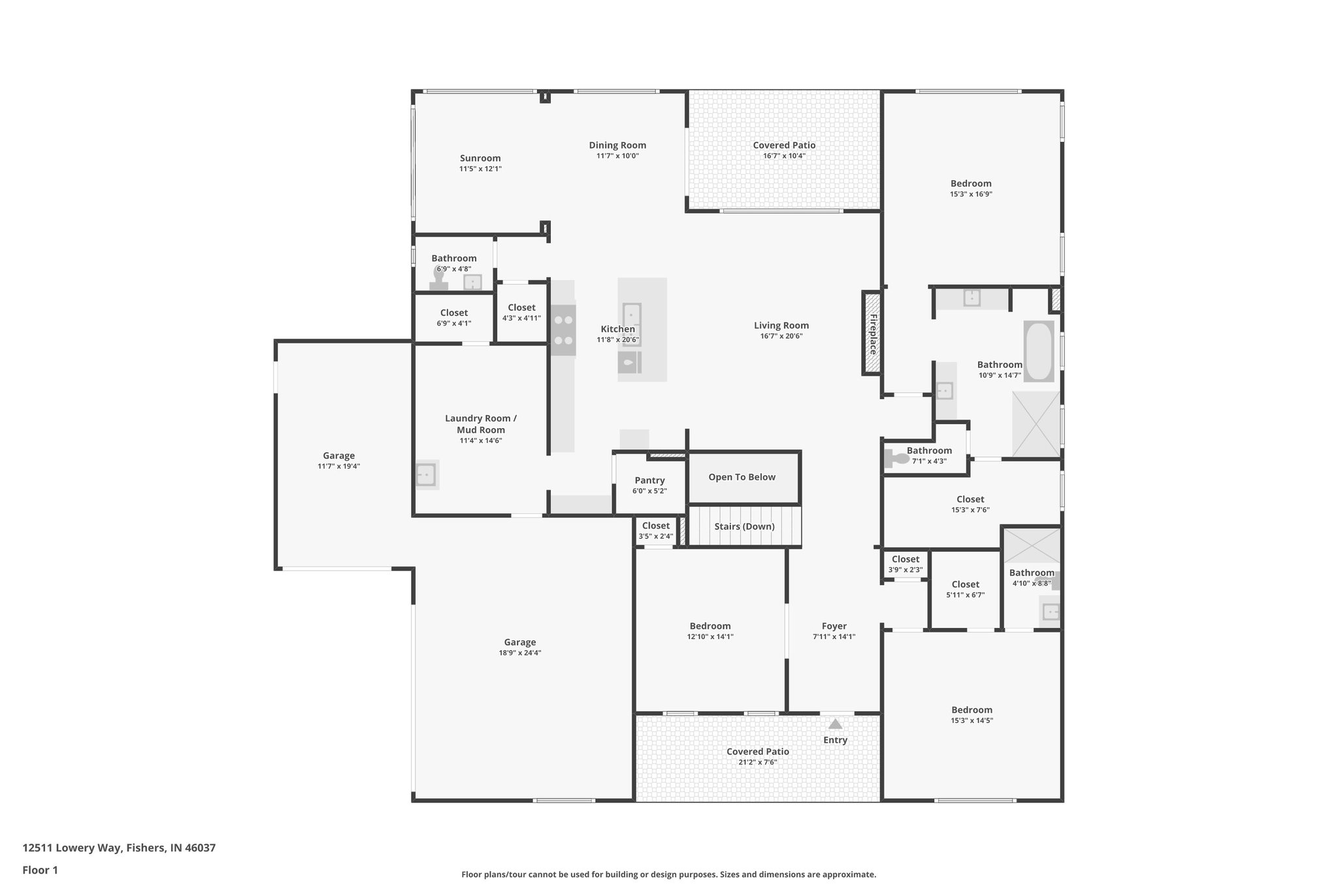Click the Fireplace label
(x=872, y=333)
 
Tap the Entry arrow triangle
(x=835, y=723)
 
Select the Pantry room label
(x=649, y=480)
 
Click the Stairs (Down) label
(x=744, y=526)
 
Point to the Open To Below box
(x=742, y=477)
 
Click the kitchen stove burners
(x=563, y=330)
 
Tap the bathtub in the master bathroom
(x=1038, y=351)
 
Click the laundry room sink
(x=426, y=474)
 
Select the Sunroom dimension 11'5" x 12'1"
(x=480, y=169)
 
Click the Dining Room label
(x=617, y=145)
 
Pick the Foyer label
(x=834, y=625)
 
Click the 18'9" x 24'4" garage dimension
(x=519, y=652)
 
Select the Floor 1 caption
(x=40, y=870)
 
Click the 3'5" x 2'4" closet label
(x=655, y=531)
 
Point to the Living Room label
(x=781, y=325)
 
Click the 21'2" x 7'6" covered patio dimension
(x=757, y=761)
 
